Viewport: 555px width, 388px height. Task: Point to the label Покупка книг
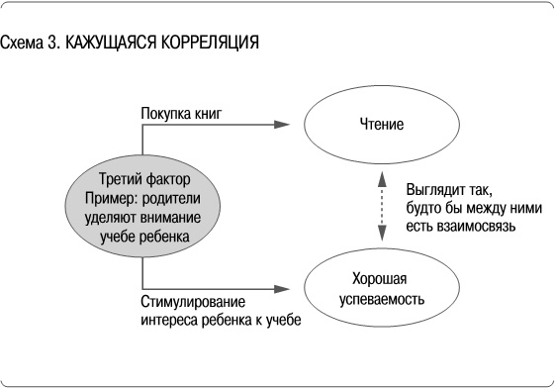pyautogui.click(x=181, y=114)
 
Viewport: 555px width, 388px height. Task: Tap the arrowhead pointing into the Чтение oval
pyautogui.click(x=284, y=125)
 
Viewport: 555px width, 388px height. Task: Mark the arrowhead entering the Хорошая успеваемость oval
pyautogui.click(x=284, y=288)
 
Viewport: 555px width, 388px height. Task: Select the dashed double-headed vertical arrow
pyautogui.click(x=382, y=206)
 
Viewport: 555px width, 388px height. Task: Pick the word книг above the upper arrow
pyautogui.click(x=207, y=114)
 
